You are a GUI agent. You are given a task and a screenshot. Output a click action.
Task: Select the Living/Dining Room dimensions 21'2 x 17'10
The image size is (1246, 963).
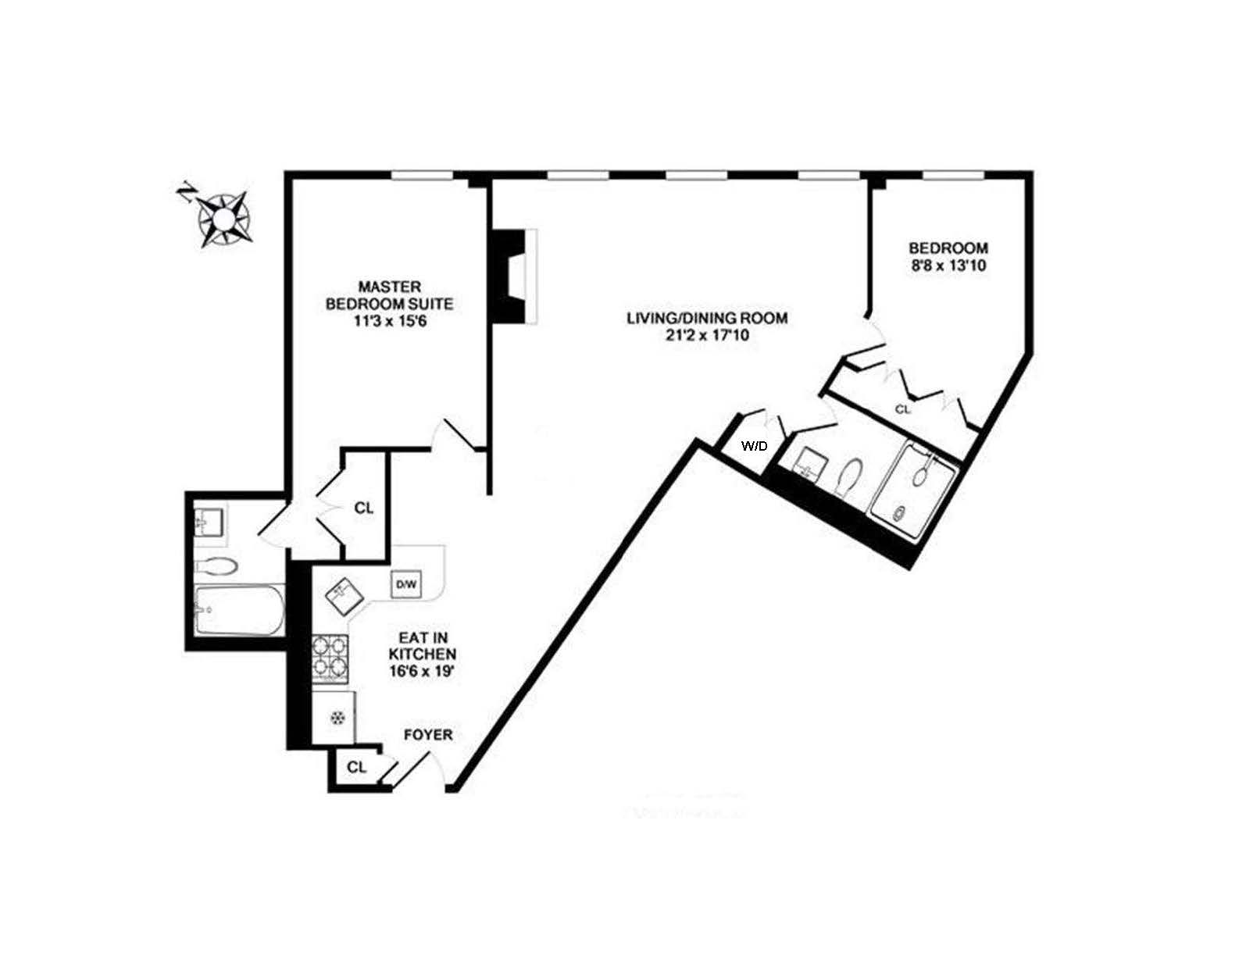click(706, 337)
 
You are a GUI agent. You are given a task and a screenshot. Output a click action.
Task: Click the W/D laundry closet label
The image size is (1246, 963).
click(755, 447)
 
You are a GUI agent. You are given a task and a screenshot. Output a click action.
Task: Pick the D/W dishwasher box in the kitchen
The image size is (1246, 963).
click(406, 583)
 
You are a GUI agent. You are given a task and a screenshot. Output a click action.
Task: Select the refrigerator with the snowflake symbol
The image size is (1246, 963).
click(336, 716)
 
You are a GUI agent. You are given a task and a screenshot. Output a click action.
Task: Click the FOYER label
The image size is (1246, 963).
click(427, 735)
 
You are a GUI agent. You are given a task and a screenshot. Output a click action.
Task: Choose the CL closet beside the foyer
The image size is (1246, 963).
click(356, 767)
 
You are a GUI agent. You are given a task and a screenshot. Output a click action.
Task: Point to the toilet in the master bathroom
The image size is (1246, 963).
click(216, 566)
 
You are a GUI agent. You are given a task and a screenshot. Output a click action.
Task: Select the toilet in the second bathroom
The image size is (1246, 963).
click(849, 476)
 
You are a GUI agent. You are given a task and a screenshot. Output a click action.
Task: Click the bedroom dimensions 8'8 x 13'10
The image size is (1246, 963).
click(948, 265)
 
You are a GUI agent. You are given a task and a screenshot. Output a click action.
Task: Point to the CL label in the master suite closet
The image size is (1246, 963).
click(363, 508)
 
